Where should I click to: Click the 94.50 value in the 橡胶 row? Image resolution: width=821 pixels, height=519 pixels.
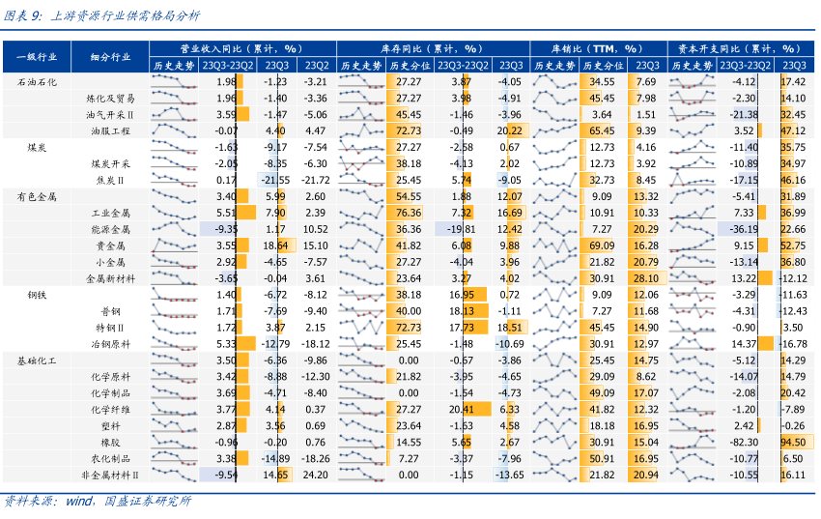793,442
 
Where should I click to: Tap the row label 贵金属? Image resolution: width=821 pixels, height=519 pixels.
109,245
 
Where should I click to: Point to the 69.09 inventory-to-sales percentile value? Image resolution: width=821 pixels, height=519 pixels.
602,245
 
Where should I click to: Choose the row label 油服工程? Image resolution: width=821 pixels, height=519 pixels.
109,130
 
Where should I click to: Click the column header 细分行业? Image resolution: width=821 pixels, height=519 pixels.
109,57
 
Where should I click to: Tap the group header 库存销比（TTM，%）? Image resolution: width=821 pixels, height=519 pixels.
596,47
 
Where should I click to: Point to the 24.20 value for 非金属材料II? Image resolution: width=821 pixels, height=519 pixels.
315,475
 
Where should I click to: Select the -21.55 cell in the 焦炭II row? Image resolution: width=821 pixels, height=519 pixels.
275,180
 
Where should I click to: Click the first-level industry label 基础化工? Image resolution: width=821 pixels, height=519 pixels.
37,360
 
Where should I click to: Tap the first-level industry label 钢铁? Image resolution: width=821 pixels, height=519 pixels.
37,295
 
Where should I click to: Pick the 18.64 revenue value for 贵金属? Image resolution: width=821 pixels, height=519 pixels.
275,245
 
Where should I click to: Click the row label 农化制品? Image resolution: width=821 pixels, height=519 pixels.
109,458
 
